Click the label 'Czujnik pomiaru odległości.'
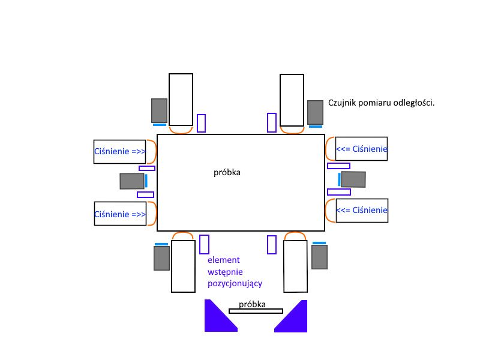click(381, 103)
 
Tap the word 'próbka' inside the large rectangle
click(227, 172)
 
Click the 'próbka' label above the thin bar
click(252, 304)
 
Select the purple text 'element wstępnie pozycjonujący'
click(235, 272)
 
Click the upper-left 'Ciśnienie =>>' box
click(119, 152)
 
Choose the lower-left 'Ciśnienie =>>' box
click(121, 214)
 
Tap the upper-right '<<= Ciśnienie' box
click(361, 149)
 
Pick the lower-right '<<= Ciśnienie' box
click(362, 211)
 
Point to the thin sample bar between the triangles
click(256, 311)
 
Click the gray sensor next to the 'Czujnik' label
click(316, 112)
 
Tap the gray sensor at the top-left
click(159, 110)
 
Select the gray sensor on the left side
click(132, 181)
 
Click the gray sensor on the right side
click(353, 179)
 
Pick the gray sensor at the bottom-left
click(161, 259)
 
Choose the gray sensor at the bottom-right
click(320, 257)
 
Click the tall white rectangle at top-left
click(181, 100)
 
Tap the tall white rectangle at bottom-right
click(295, 266)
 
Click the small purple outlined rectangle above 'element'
click(204, 244)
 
